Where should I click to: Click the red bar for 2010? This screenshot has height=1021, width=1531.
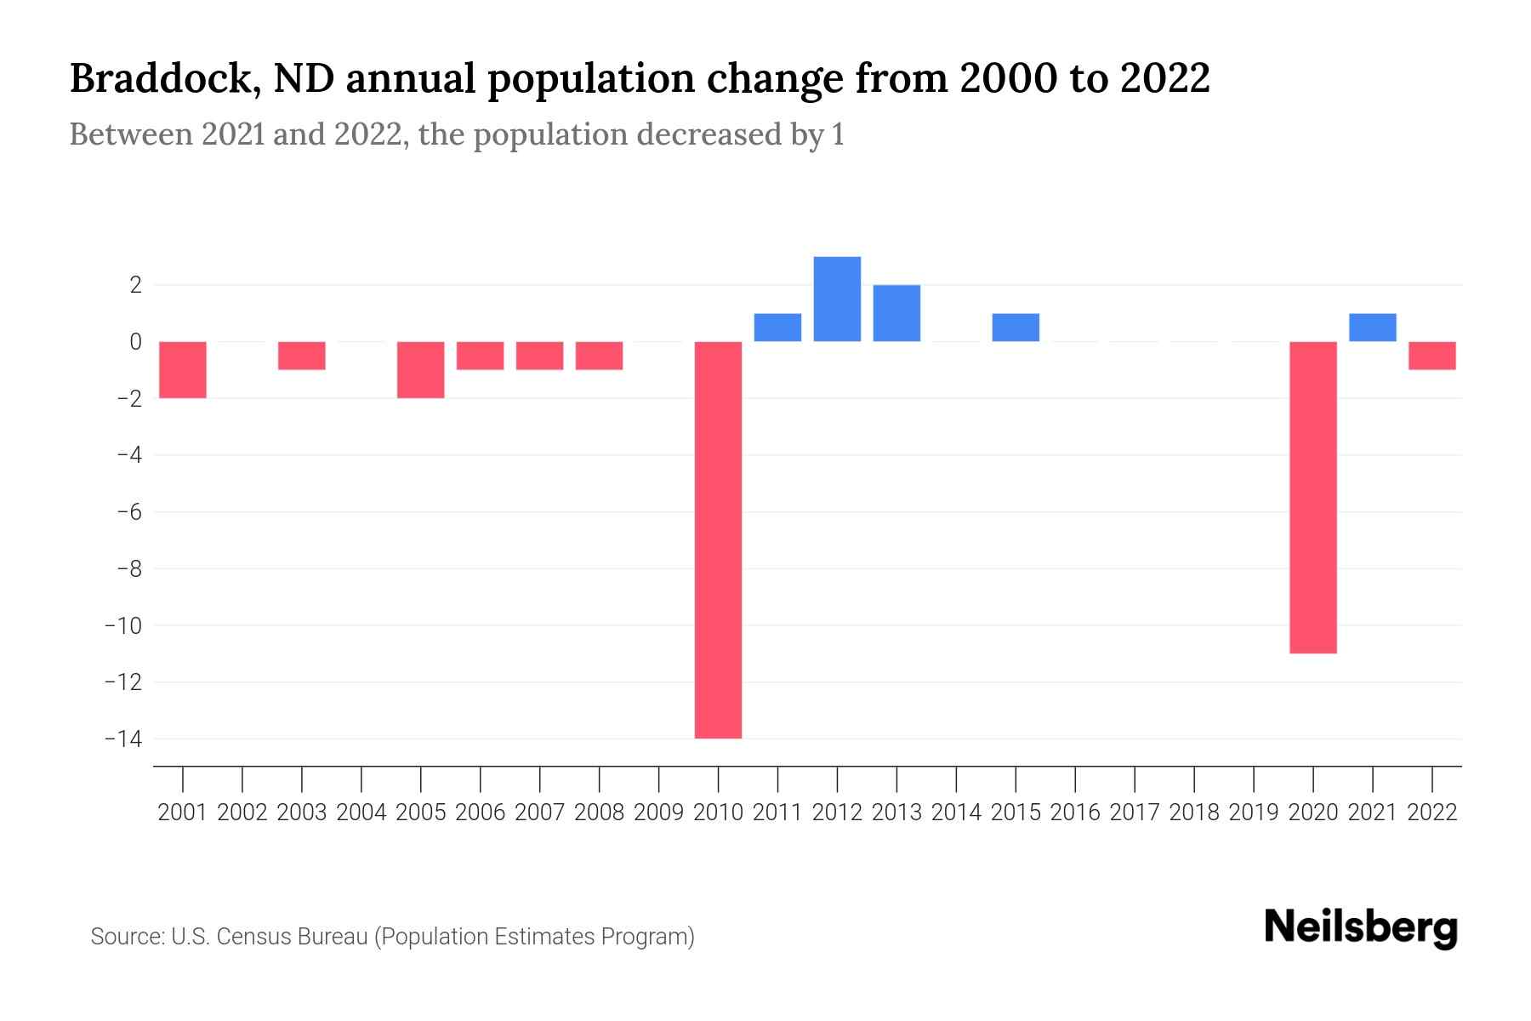[718, 539]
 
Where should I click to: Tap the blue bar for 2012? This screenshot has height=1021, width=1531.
[837, 299]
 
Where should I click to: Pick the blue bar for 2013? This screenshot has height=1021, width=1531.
[896, 313]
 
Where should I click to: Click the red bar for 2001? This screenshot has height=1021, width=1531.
[183, 369]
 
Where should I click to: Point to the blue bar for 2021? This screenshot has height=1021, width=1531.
[1372, 328]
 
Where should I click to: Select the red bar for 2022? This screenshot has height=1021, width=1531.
[1431, 356]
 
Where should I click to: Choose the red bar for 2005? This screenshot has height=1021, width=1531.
[421, 369]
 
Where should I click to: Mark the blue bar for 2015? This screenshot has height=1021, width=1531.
[1016, 328]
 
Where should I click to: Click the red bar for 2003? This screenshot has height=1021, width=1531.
[302, 356]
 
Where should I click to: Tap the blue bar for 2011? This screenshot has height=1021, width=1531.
[777, 328]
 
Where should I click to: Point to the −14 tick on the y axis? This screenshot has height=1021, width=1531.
[122, 739]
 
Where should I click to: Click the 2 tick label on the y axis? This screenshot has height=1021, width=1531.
[134, 285]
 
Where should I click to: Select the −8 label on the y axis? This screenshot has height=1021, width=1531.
[128, 568]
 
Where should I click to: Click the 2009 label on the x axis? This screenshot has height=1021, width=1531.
[658, 813]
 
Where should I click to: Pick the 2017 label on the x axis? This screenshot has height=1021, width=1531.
[1135, 813]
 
